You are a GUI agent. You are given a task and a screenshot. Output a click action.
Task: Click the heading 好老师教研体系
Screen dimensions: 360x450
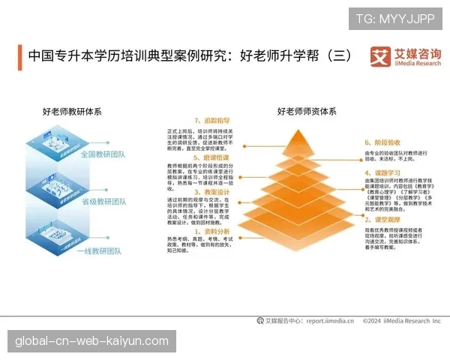point(72,112)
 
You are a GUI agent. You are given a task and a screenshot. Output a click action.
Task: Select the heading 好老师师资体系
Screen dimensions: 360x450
point(307,112)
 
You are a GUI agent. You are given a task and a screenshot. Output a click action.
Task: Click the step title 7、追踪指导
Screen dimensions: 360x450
point(212,120)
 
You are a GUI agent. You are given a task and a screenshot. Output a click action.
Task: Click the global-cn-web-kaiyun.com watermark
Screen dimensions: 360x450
point(92,340)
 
